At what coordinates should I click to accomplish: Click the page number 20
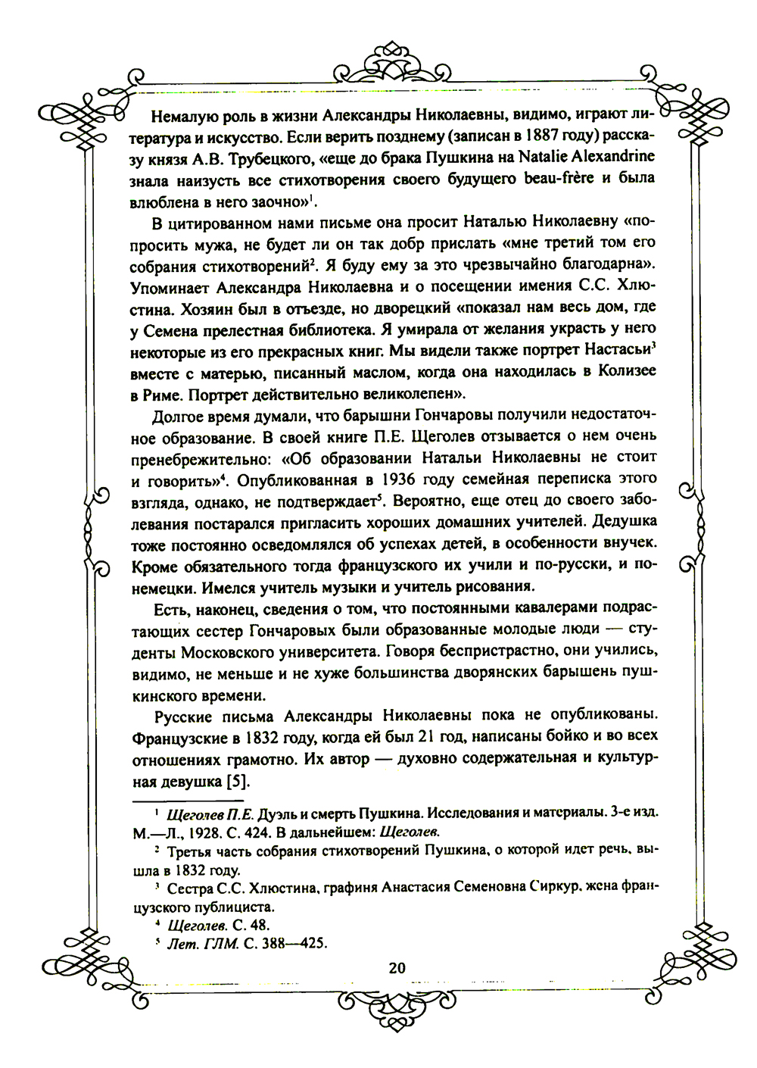[397, 967]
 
